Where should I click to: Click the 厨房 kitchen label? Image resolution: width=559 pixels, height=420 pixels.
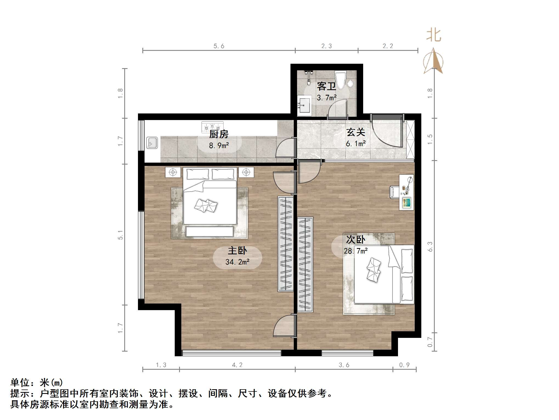point(219,134)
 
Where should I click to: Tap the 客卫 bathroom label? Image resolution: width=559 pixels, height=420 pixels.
point(326,86)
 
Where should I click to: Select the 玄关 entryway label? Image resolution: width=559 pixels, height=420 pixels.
point(355,132)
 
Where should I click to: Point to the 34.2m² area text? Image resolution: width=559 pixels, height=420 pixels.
point(237,262)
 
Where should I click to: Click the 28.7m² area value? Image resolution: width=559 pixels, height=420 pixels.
point(355,251)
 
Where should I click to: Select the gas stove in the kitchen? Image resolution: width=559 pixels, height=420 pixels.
point(212,127)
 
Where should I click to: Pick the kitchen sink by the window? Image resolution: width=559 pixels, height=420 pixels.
point(152,143)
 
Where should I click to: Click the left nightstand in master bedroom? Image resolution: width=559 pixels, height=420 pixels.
point(173,172)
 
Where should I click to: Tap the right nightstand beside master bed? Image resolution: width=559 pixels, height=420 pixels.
point(246,172)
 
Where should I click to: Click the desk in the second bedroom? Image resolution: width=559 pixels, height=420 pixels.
point(406,192)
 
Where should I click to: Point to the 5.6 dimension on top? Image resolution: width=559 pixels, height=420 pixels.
point(219,46)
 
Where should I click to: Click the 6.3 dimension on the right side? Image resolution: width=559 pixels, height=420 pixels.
point(430,246)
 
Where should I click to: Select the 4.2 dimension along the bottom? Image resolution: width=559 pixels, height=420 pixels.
point(237,365)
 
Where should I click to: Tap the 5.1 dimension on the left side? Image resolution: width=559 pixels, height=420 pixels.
point(120,235)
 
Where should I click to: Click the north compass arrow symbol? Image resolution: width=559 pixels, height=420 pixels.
point(433,61)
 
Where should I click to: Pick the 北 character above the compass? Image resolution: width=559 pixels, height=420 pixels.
point(433,35)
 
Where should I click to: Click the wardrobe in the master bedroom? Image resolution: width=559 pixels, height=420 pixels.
point(286,244)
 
